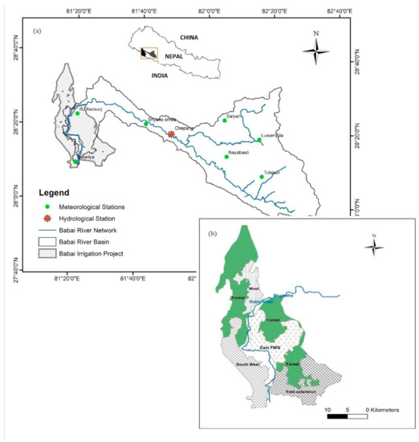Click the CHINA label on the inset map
(x=189, y=37)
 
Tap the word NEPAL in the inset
(x=169, y=56)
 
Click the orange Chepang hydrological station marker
(x=171, y=135)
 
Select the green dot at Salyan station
(x=225, y=121)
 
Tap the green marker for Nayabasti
(x=226, y=157)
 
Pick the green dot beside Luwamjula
(x=258, y=140)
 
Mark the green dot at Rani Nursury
(x=78, y=113)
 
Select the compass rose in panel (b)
(x=373, y=244)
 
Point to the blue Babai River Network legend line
(x=47, y=229)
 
